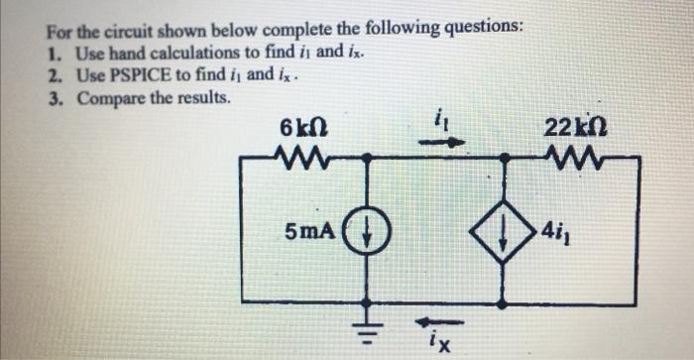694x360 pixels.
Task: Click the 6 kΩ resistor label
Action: tap(299, 129)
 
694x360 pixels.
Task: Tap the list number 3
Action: tap(52, 99)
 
